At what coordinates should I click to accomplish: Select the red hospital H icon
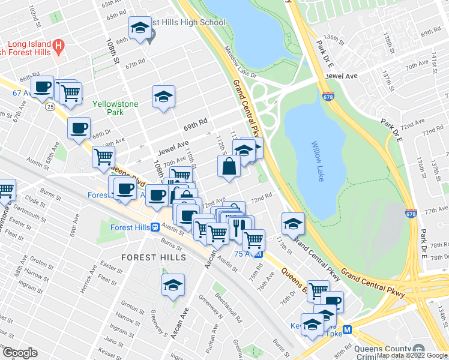[58, 45]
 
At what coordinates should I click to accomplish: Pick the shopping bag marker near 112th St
[229, 166]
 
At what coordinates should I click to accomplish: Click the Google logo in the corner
[20, 353]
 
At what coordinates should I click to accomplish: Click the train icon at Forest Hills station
[155, 227]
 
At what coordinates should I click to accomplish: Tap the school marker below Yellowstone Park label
[163, 97]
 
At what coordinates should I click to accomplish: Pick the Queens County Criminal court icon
[419, 349]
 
